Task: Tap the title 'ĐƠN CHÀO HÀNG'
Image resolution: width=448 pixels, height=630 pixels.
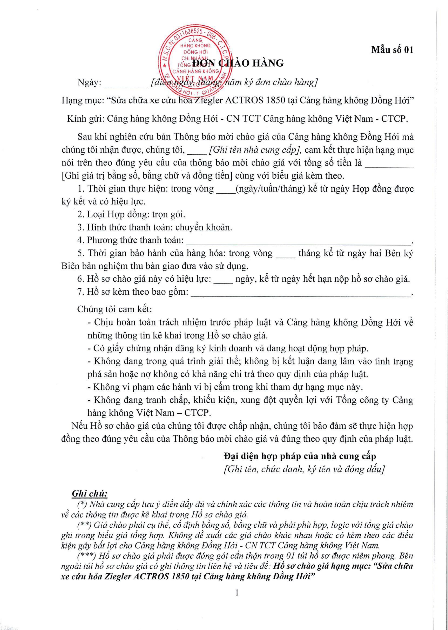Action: click(x=238, y=63)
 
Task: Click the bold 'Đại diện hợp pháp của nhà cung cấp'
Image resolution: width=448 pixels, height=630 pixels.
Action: click(x=300, y=456)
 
